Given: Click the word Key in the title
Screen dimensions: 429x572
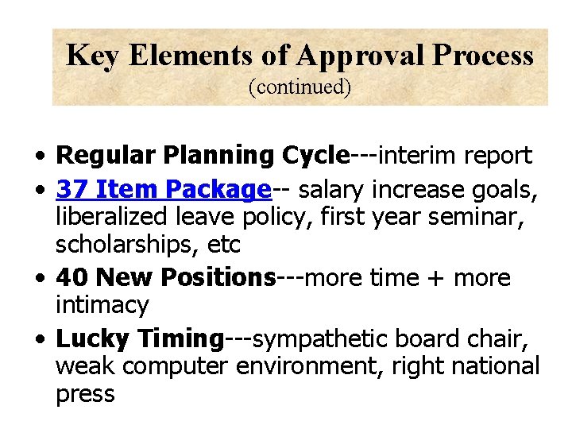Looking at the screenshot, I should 91,56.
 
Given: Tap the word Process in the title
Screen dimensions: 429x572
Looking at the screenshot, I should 482,56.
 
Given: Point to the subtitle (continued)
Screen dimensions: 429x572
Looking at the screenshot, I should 300,86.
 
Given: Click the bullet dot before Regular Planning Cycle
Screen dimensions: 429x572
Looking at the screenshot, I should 38,154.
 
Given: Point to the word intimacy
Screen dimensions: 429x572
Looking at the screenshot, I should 102,305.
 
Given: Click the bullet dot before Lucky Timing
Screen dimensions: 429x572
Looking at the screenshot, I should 38,339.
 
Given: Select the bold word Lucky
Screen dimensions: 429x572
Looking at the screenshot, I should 94,338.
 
